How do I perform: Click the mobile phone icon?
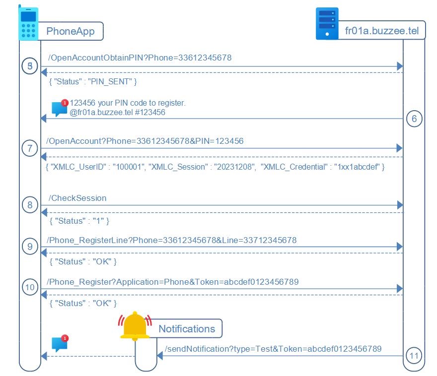point(28,23)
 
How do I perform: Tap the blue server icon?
point(327,23)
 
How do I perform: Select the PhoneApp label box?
point(71,32)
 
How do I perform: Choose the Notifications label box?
point(187,328)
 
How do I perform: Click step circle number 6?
point(414,119)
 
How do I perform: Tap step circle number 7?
point(30,148)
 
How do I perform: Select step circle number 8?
point(30,205)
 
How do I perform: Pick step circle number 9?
point(30,247)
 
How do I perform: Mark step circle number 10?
point(30,287)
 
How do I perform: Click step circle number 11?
point(414,355)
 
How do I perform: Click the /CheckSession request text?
point(77,198)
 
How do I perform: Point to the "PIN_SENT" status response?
point(93,80)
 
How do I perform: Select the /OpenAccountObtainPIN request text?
point(140,58)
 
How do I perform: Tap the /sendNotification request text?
point(273,349)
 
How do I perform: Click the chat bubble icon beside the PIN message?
point(60,108)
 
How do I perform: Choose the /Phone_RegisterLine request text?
point(171,240)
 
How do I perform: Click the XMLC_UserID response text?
point(215,167)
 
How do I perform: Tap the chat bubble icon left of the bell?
point(60,344)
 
